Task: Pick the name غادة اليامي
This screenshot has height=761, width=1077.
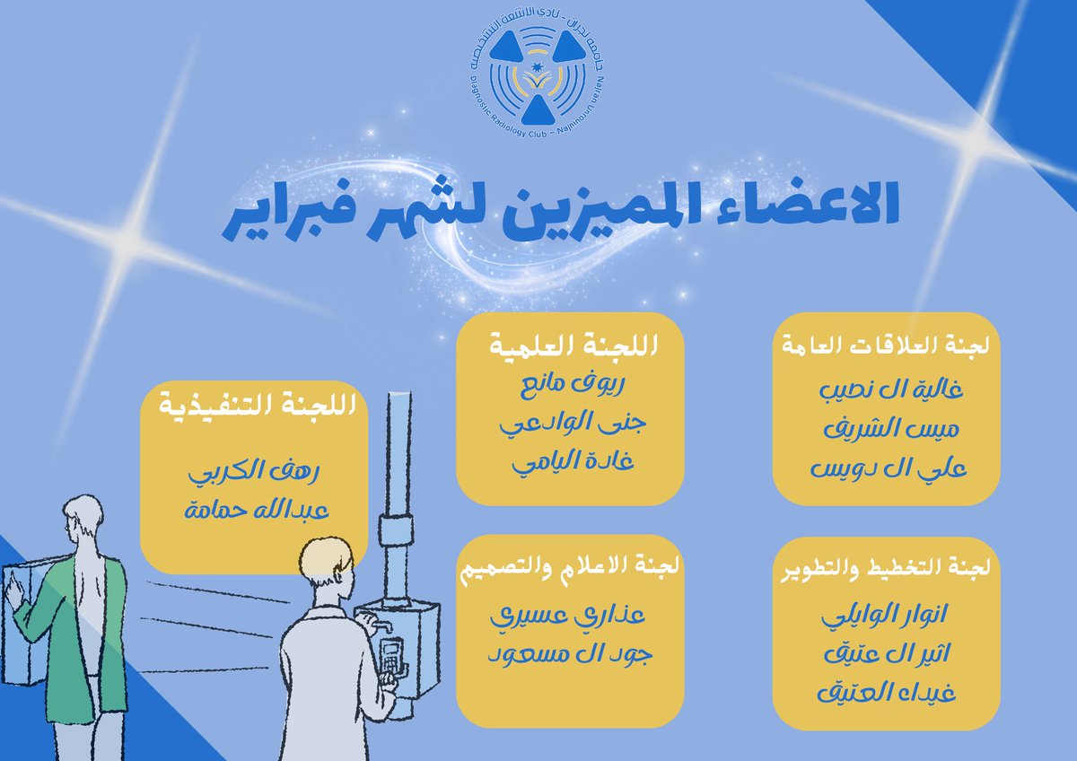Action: tap(571, 463)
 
